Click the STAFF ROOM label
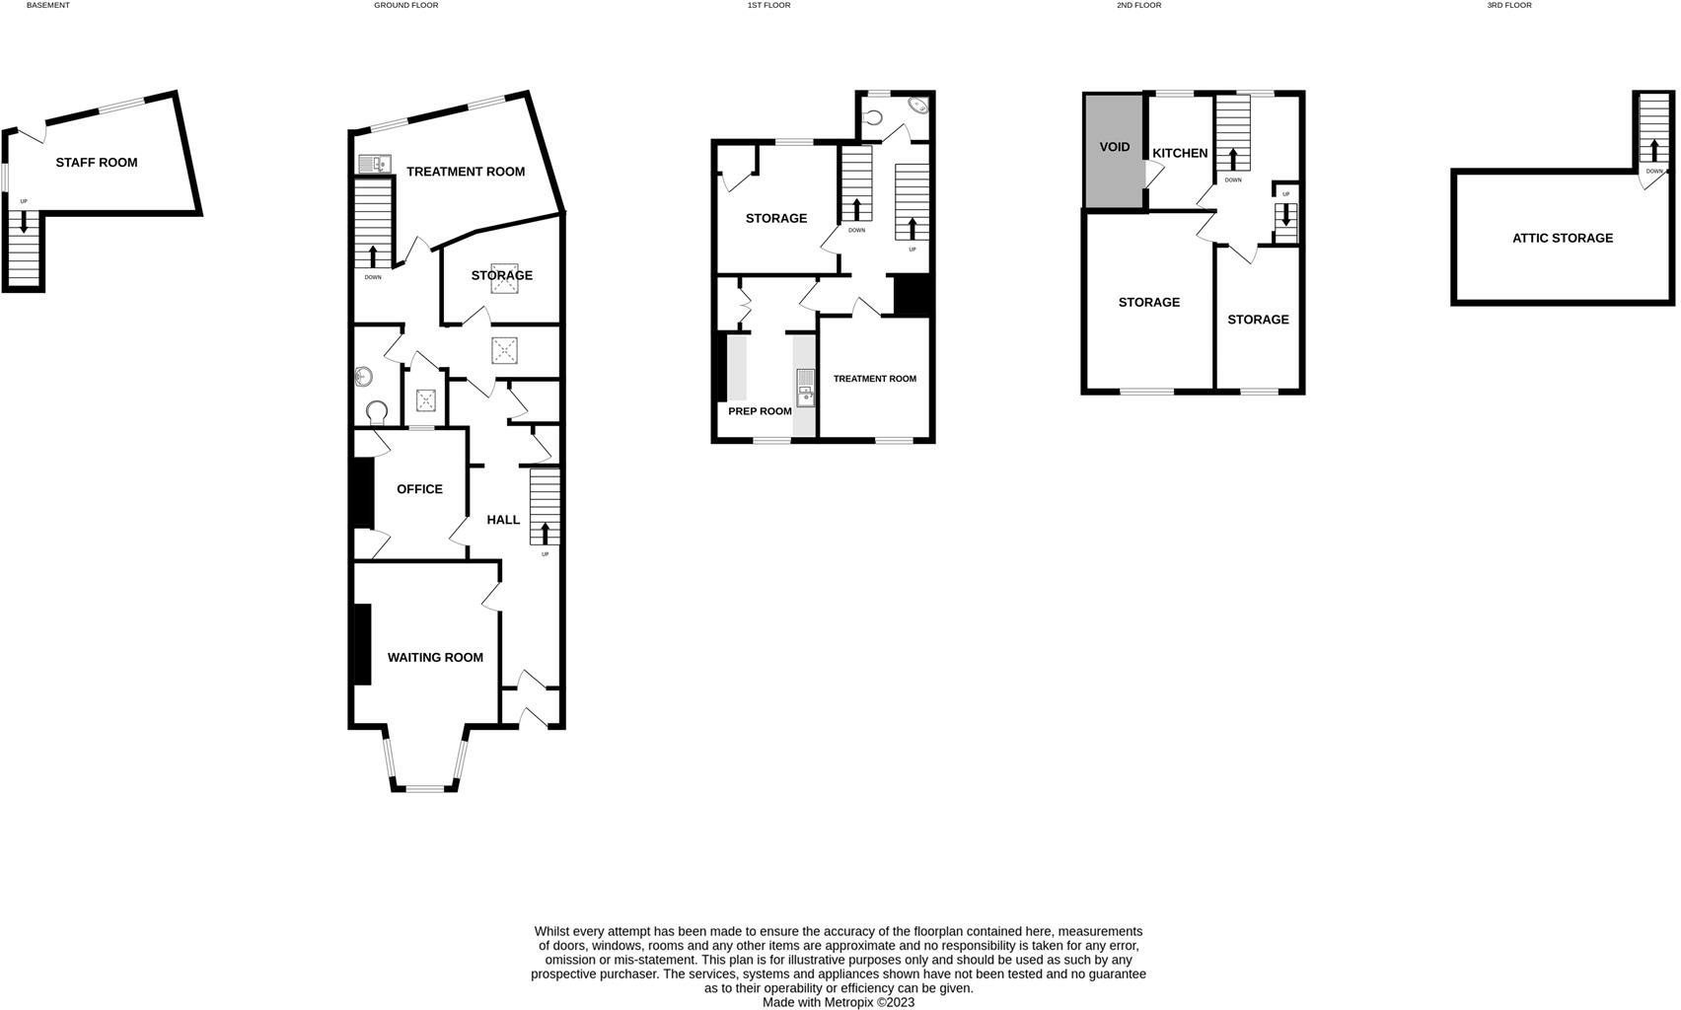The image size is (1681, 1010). pyautogui.click(x=97, y=163)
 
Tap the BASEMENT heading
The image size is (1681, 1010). pyautogui.click(x=47, y=6)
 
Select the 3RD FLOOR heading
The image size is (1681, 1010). pyautogui.click(x=1509, y=6)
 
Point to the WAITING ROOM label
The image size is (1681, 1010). pyautogui.click(x=435, y=658)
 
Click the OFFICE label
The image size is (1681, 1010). pyautogui.click(x=419, y=489)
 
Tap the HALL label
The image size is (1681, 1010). pyautogui.click(x=503, y=520)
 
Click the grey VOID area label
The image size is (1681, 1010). pyautogui.click(x=1115, y=148)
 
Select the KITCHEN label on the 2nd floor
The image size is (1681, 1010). pyautogui.click(x=1180, y=153)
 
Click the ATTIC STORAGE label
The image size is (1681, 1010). pyautogui.click(x=1563, y=238)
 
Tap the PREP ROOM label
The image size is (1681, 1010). pyautogui.click(x=760, y=411)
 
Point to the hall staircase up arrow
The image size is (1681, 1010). pyautogui.click(x=546, y=533)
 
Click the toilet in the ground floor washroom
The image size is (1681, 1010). pyautogui.click(x=376, y=411)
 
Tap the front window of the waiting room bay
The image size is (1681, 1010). pyautogui.click(x=425, y=787)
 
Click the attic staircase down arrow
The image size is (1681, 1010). pyautogui.click(x=1654, y=150)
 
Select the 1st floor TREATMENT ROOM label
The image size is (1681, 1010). pyautogui.click(x=874, y=379)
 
